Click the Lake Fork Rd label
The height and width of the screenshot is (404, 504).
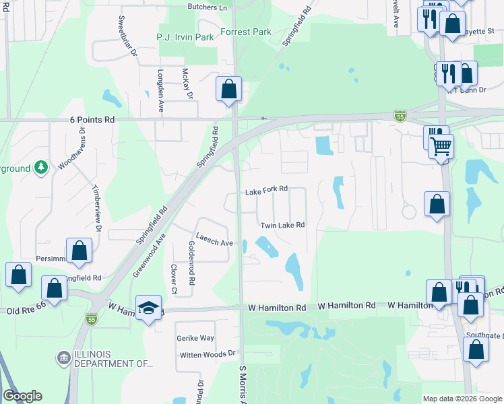(x=266, y=191)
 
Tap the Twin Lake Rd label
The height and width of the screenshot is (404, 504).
(x=282, y=225)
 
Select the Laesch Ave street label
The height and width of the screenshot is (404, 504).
(x=215, y=242)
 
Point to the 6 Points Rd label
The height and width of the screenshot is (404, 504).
(x=92, y=119)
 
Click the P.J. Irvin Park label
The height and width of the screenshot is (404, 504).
(x=185, y=37)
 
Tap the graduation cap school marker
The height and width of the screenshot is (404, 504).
(x=149, y=308)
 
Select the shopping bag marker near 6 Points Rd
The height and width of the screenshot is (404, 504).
(x=228, y=88)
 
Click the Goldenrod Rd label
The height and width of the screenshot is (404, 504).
(x=191, y=262)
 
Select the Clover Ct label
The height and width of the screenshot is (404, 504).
(x=174, y=279)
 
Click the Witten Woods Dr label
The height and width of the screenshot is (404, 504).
(x=208, y=353)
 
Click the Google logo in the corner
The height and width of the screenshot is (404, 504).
(x=22, y=396)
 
